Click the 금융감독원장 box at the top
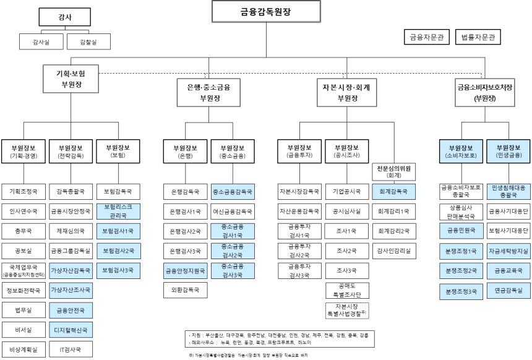266,11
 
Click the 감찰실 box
87,42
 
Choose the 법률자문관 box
478,37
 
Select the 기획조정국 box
24,191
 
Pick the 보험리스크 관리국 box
118,210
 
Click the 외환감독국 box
184,289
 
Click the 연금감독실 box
508,289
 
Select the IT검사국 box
70,349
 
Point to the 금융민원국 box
461,229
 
